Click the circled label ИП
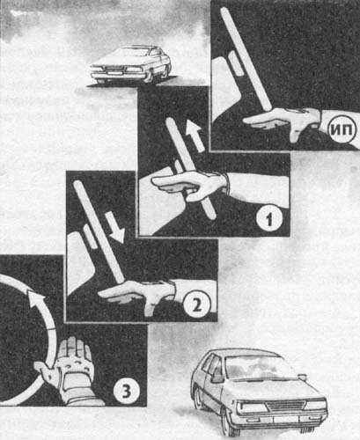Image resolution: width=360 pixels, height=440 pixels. click(342, 129)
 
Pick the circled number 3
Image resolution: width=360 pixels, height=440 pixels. click(127, 391)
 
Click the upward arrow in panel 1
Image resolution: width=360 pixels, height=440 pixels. click(195, 135)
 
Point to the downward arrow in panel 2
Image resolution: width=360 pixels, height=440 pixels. click(115, 226)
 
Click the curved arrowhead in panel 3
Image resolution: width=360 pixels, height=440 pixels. click(36, 296)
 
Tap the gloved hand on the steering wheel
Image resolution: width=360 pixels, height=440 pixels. click(68, 370)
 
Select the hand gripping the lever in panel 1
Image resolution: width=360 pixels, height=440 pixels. click(191, 185)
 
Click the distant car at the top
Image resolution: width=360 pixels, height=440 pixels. click(130, 64)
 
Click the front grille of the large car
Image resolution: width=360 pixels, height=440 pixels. click(285, 407)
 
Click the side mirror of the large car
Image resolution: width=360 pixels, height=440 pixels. click(217, 377)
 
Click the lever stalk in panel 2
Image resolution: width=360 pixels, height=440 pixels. click(99, 231)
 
